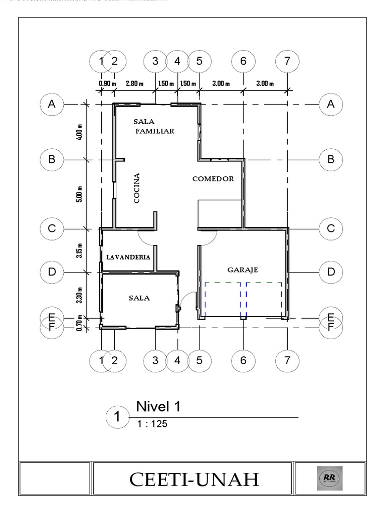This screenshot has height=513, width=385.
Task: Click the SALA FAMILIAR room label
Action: [x=154, y=126]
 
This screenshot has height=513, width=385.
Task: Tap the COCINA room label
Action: [x=137, y=188]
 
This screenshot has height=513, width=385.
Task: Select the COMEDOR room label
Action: [x=213, y=179]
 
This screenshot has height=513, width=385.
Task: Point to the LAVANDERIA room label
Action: [x=128, y=256]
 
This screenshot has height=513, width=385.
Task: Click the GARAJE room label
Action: [x=243, y=270]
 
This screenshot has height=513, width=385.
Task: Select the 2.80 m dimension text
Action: [x=134, y=83]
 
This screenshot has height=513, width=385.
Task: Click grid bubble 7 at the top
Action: [x=287, y=61]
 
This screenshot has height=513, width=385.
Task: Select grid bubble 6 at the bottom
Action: [x=243, y=360]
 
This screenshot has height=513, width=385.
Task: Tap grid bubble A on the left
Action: [x=52, y=104]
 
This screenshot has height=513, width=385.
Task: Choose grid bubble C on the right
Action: [x=331, y=228]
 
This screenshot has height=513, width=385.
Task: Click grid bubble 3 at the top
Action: [x=155, y=61]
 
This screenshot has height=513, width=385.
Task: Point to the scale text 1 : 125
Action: [x=151, y=424]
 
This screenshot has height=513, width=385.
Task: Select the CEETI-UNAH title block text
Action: [x=195, y=479]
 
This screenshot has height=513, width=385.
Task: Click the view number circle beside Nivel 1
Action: [x=118, y=417]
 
